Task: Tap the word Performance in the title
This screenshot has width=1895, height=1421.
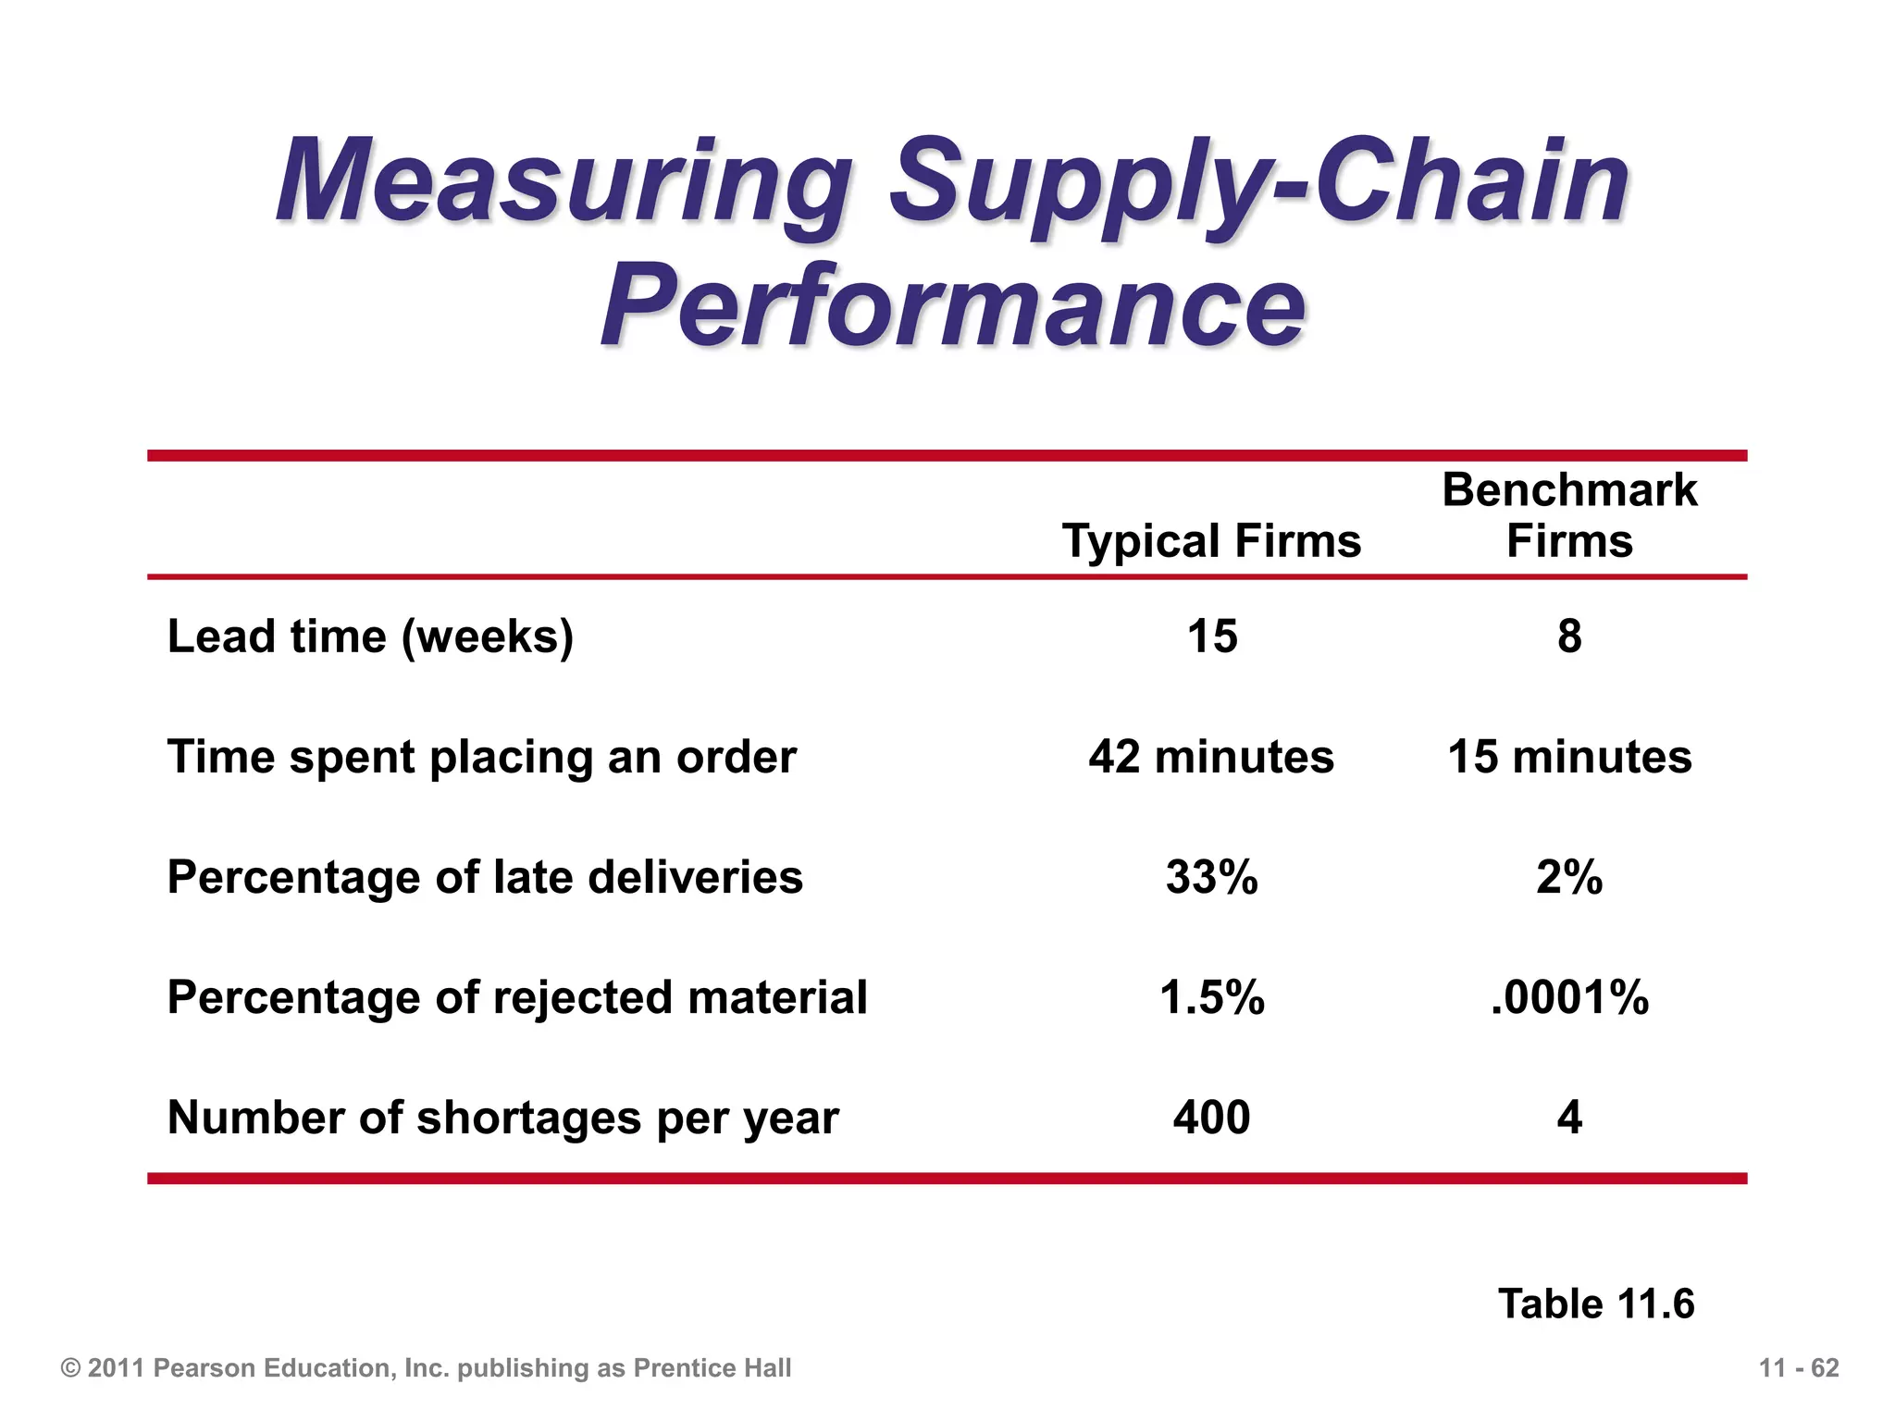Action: coord(953,305)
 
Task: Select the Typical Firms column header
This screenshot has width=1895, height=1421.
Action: coord(1211,540)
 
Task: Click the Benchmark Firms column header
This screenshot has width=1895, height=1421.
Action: coord(1569,515)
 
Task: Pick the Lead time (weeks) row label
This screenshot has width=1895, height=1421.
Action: coord(370,636)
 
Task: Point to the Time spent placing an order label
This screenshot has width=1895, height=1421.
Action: coord(481,757)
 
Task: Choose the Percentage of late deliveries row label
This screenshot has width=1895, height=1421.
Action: coord(485,877)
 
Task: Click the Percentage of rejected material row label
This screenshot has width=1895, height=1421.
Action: coord(517,997)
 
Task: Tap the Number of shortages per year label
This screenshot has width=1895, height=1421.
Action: coord(502,1118)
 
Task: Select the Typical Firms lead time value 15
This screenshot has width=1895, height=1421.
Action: coord(1212,636)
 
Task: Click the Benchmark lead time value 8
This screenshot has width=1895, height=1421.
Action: coord(1569,636)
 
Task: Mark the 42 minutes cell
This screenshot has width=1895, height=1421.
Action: coord(1211,757)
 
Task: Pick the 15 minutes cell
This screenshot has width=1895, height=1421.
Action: coord(1569,757)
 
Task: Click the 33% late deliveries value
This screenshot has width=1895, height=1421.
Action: coord(1212,877)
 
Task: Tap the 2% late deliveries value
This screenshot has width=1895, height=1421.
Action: coord(1569,877)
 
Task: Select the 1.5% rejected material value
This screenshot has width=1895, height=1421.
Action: coord(1212,997)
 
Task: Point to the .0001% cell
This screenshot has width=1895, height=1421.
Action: coord(1569,997)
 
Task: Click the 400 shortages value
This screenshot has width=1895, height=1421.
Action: coord(1212,1118)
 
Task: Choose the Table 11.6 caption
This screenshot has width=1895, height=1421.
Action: coord(1596,1304)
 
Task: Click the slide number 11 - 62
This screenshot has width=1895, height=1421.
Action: coord(1799,1368)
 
